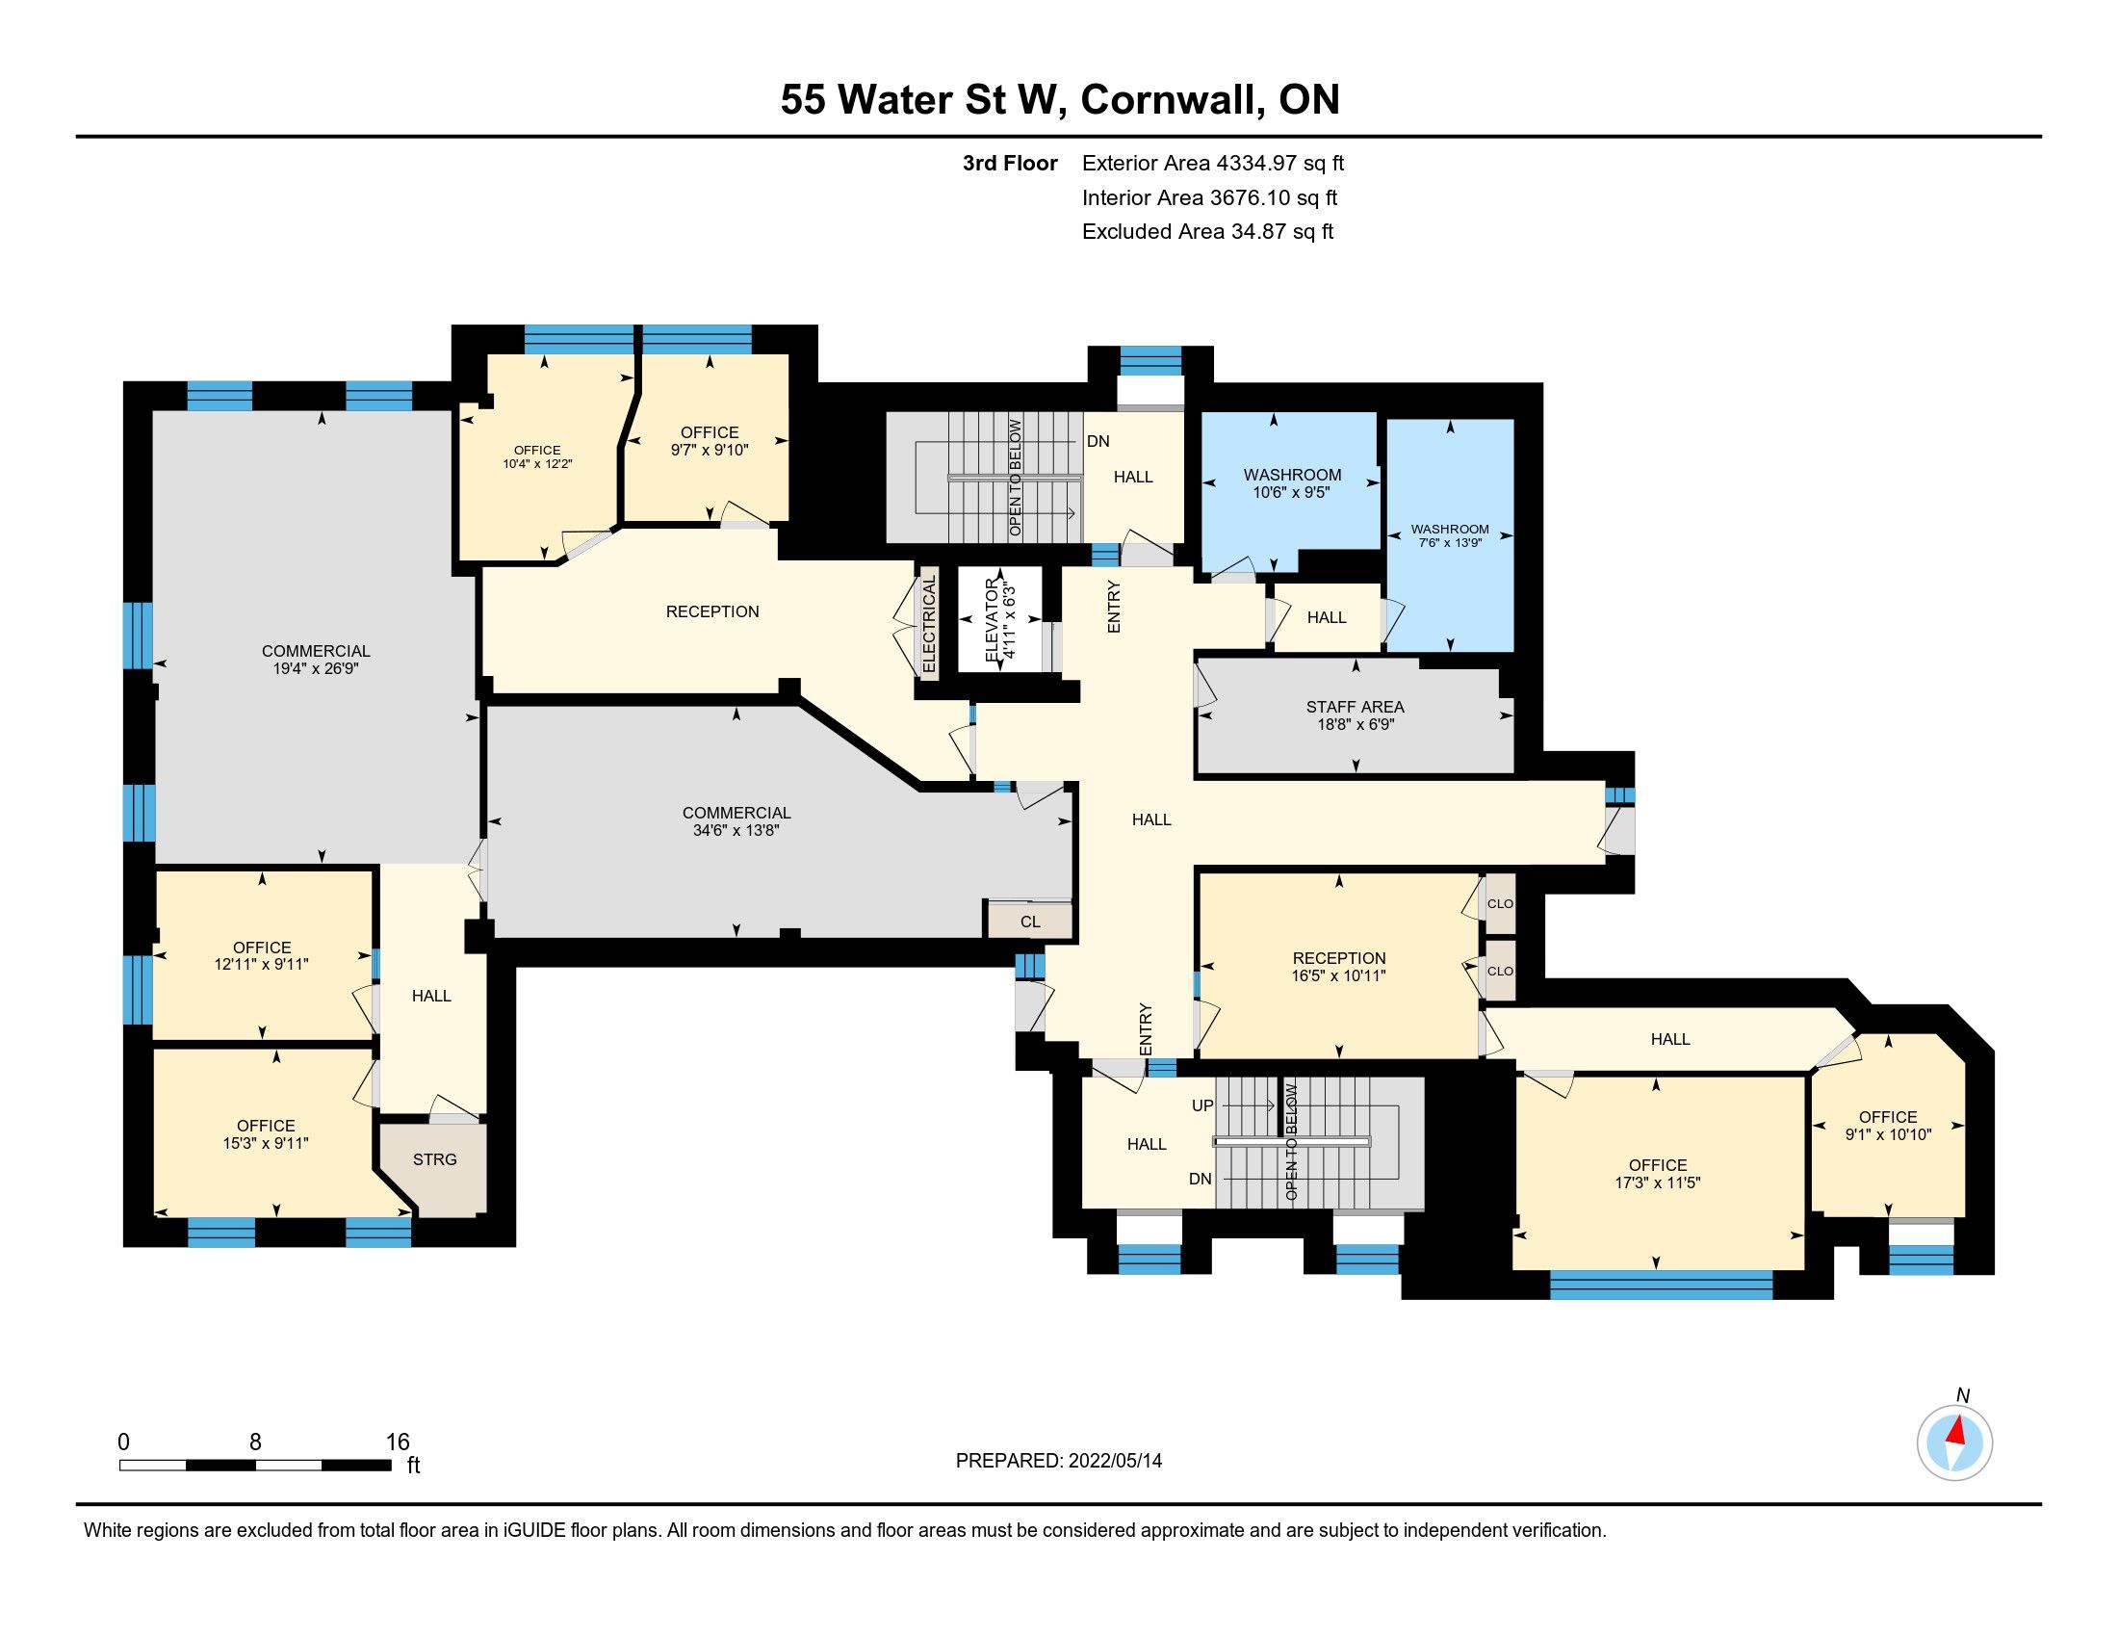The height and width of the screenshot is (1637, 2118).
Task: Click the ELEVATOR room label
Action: tap(991, 620)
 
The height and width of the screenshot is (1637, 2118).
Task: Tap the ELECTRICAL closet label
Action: tap(928, 624)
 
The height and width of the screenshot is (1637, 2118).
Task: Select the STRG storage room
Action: tap(433, 1169)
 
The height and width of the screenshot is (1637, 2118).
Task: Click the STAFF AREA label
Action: tap(1355, 707)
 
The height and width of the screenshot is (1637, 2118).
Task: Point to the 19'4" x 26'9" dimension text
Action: tap(316, 668)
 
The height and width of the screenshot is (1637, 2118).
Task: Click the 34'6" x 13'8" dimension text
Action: tap(736, 830)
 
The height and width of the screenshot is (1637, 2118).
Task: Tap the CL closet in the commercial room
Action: tap(1030, 922)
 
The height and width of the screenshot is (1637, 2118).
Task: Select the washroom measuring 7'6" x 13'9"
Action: tap(1450, 535)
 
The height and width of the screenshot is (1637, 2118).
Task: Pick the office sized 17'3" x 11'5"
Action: tap(1659, 1173)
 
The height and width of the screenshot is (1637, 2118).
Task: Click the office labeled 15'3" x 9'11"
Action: tap(266, 1133)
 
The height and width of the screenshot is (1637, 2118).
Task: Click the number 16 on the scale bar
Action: tap(398, 1442)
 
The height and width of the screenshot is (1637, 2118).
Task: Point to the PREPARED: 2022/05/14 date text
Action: tap(1059, 1461)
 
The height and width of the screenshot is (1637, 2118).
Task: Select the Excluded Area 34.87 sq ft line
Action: tap(1208, 232)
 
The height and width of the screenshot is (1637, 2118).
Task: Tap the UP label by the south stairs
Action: tap(1202, 1105)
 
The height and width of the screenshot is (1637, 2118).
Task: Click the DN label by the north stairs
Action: tap(1098, 441)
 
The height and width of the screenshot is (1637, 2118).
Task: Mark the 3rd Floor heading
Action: tap(1010, 164)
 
